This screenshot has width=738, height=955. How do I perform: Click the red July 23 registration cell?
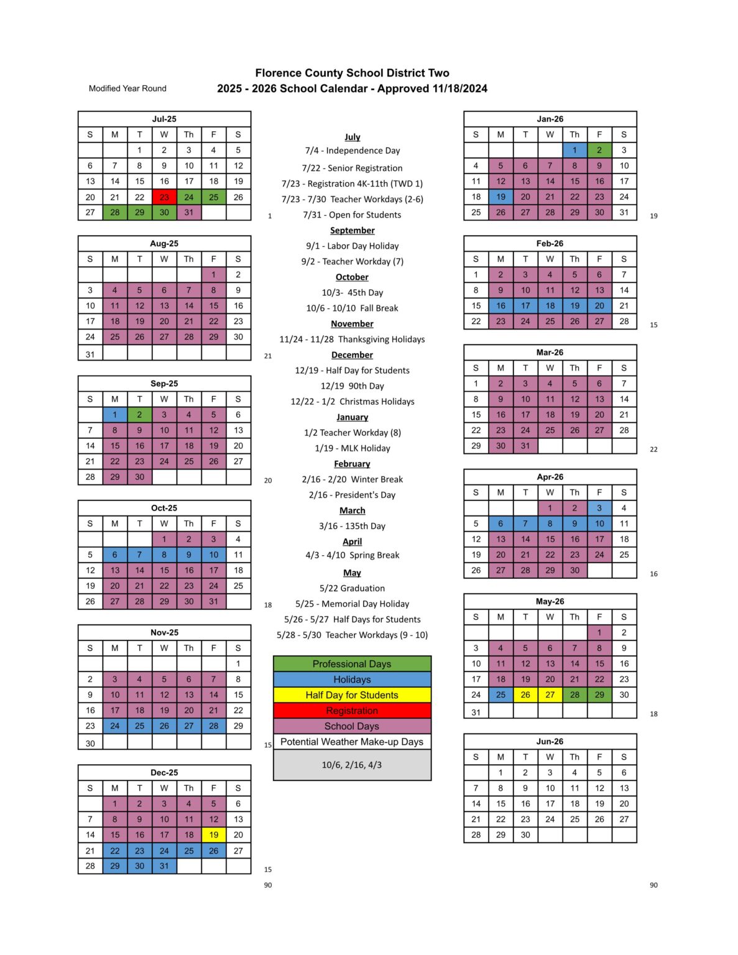[164, 197]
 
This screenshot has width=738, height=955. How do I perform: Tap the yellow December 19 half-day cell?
[214, 835]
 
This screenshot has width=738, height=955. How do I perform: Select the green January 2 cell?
[599, 150]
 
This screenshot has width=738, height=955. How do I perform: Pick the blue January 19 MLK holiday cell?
[500, 196]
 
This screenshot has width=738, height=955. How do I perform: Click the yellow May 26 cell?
[525, 694]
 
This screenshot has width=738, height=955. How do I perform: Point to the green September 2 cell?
[139, 415]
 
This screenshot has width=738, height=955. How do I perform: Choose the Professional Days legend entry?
[352, 664]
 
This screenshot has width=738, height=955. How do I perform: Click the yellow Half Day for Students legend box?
[352, 695]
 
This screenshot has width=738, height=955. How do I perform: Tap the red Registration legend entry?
[352, 711]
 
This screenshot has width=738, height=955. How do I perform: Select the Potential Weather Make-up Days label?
[352, 742]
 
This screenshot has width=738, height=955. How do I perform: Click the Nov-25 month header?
[164, 632]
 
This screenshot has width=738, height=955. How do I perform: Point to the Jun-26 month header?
[550, 741]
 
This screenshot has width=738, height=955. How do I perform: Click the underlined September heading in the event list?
[353, 230]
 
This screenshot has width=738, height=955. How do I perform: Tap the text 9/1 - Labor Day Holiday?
[353, 246]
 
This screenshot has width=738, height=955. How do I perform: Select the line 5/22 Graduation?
[353, 588]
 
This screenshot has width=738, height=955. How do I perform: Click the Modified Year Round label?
[127, 88]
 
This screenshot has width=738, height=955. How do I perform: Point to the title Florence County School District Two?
[352, 73]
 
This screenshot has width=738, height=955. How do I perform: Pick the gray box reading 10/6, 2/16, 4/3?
[352, 765]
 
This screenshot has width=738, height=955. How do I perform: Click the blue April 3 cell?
[599, 508]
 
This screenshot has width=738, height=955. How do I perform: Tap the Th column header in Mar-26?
[574, 368]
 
